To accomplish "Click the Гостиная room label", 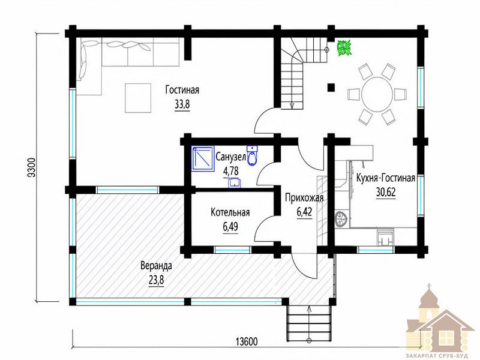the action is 182,89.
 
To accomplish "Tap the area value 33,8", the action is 182,104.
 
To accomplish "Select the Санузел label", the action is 230,157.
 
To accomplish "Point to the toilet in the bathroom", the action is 252,156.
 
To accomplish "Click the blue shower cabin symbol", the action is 203,158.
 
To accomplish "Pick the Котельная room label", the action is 230,212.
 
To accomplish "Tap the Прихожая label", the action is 304,198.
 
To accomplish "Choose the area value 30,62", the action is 386,192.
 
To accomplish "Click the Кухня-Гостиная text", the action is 386,178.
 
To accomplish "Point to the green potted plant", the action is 344,48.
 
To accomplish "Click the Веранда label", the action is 156,265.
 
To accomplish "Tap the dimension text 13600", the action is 247,341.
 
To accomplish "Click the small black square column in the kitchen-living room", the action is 331,88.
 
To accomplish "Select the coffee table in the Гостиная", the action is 138,98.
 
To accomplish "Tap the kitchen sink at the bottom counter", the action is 385,238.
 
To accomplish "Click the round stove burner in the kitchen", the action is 341,219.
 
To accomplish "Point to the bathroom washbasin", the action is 235,183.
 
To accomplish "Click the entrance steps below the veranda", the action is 309,323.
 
